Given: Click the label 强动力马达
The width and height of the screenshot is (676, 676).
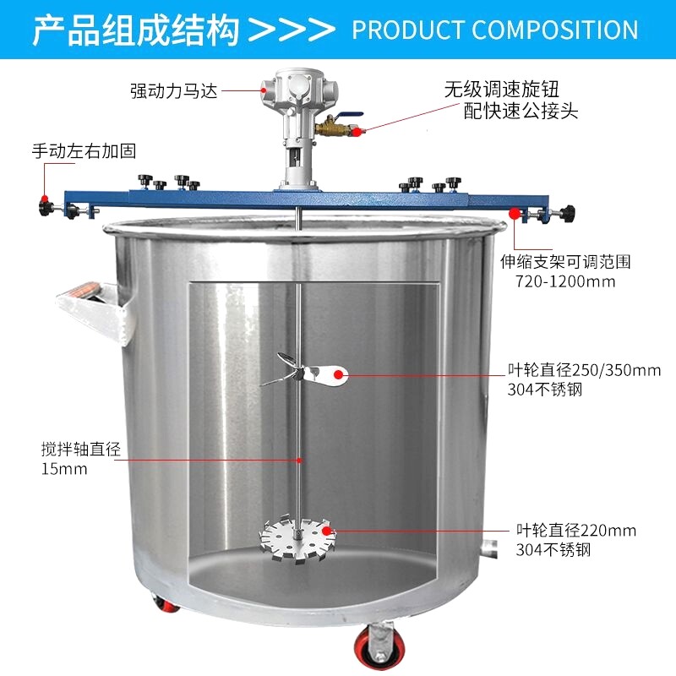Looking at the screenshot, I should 173,90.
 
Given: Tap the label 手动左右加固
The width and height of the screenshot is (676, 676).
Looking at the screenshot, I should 84,151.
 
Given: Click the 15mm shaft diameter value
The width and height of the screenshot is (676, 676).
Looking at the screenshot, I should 64,469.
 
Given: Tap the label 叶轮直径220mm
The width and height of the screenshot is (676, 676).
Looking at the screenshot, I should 576,531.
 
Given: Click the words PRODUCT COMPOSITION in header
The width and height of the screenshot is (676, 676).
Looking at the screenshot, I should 494,30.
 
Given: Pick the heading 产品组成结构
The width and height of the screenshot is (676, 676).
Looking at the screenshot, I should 135,29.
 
